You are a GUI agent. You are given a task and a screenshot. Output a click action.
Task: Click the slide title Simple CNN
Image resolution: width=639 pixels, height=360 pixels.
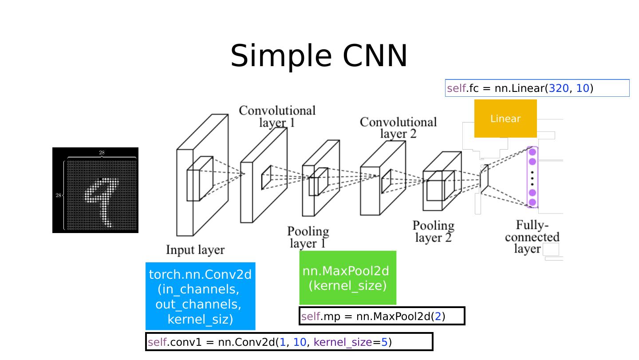(319, 56)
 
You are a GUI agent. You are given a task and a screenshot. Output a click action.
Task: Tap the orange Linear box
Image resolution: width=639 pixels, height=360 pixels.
(505, 119)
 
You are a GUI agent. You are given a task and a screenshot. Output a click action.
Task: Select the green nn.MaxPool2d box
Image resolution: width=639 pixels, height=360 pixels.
(347, 278)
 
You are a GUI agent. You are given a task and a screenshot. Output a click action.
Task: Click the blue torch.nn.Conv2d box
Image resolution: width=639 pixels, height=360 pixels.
(200, 296)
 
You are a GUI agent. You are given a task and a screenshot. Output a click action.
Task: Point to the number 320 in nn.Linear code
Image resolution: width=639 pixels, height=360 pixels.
(558, 88)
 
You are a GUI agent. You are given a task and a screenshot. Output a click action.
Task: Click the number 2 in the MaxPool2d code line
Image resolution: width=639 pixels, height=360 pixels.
(438, 316)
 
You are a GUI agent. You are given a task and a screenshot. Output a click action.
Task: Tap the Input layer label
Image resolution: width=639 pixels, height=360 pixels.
(195, 250)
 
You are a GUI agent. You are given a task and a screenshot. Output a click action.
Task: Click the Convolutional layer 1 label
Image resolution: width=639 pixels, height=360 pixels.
(277, 116)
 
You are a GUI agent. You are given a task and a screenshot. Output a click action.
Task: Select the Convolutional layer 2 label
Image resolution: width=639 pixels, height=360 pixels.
(398, 127)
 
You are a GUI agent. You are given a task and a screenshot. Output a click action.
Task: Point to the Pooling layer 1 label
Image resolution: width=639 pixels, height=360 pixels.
(308, 237)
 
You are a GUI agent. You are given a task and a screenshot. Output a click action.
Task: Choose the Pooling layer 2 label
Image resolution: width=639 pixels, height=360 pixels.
(434, 231)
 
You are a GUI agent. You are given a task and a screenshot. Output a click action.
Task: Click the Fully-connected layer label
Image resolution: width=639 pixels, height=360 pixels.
(532, 237)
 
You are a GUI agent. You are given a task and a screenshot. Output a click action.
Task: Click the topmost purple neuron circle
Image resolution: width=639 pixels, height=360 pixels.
(532, 152)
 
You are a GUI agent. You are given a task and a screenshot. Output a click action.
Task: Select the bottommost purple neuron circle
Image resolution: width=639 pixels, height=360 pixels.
(532, 202)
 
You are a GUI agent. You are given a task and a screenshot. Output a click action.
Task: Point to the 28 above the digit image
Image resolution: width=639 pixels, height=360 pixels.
(102, 153)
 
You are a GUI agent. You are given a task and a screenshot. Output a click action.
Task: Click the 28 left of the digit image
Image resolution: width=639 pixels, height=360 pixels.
(58, 195)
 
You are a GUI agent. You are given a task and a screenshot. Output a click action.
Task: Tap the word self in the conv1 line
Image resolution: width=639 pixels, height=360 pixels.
(157, 342)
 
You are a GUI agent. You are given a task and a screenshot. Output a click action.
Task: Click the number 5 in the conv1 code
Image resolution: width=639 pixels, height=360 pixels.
(384, 342)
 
